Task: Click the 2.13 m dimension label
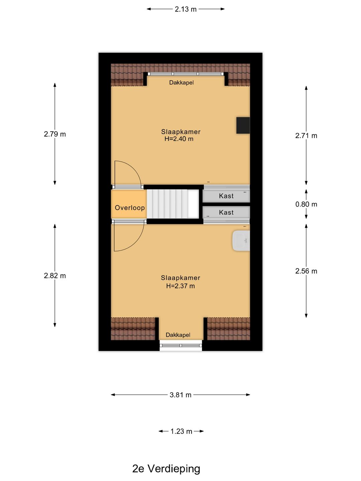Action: (x=186, y=9)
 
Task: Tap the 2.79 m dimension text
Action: (x=55, y=134)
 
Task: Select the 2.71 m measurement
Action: (x=306, y=136)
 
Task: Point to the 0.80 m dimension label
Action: (x=306, y=204)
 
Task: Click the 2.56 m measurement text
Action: (x=306, y=271)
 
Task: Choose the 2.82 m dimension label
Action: (x=55, y=276)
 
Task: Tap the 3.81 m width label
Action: (x=180, y=395)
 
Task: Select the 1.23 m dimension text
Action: (x=181, y=431)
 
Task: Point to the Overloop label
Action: (x=130, y=208)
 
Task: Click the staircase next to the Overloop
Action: (x=172, y=204)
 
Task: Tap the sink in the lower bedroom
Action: (x=241, y=240)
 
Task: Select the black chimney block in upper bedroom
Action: (x=243, y=125)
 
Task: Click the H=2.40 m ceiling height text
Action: (x=179, y=139)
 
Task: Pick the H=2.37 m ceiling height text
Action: (x=180, y=286)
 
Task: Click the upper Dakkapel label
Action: (x=181, y=83)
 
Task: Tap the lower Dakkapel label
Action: (x=178, y=335)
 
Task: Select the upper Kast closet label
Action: (x=226, y=196)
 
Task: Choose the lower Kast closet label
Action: (x=226, y=212)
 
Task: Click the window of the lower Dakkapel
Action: (x=180, y=346)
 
